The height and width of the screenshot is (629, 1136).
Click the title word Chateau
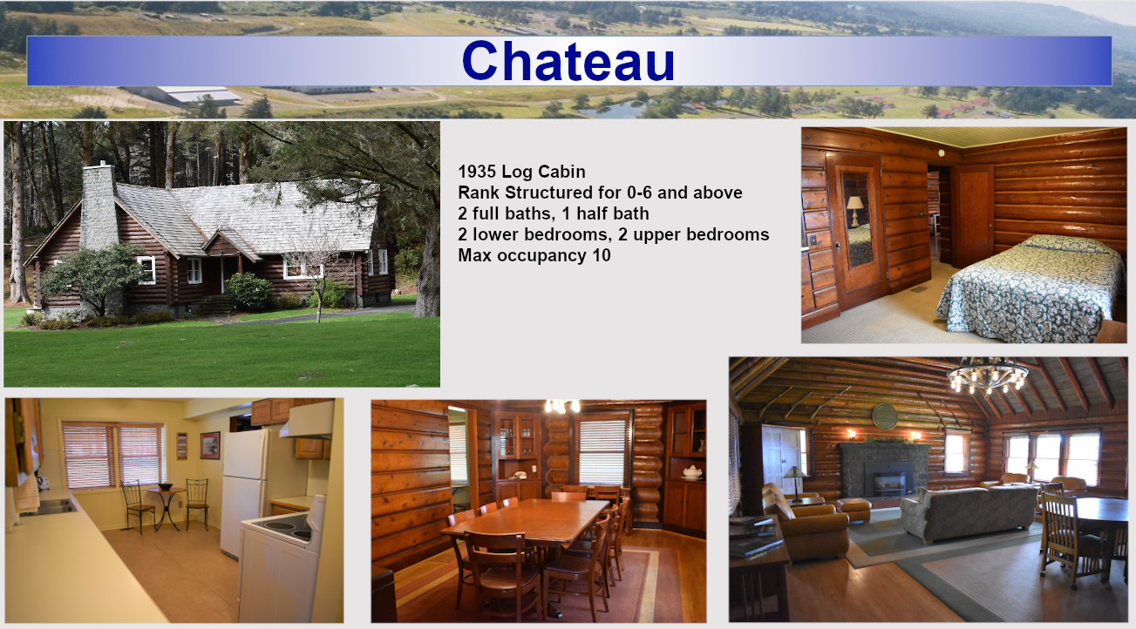[568, 61]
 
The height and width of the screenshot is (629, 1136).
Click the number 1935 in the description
[477, 172]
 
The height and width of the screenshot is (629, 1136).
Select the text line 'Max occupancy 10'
[534, 255]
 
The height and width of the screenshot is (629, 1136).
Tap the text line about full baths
[554, 213]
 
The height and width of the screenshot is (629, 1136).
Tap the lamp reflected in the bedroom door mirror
[855, 210]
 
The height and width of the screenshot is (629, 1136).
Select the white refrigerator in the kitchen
[244, 490]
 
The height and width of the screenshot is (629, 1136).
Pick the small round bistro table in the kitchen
[167, 507]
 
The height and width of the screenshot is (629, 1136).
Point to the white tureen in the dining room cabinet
[692, 472]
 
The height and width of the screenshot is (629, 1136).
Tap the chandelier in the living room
[987, 377]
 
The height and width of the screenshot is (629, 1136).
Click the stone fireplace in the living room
[883, 470]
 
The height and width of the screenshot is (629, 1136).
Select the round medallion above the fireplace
[884, 416]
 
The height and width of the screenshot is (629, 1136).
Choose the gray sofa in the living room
[969, 513]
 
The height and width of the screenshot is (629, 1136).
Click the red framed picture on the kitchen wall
[210, 445]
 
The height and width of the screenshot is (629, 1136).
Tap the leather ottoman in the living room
[853, 510]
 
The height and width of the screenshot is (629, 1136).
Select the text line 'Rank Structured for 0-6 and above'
[600, 193]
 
